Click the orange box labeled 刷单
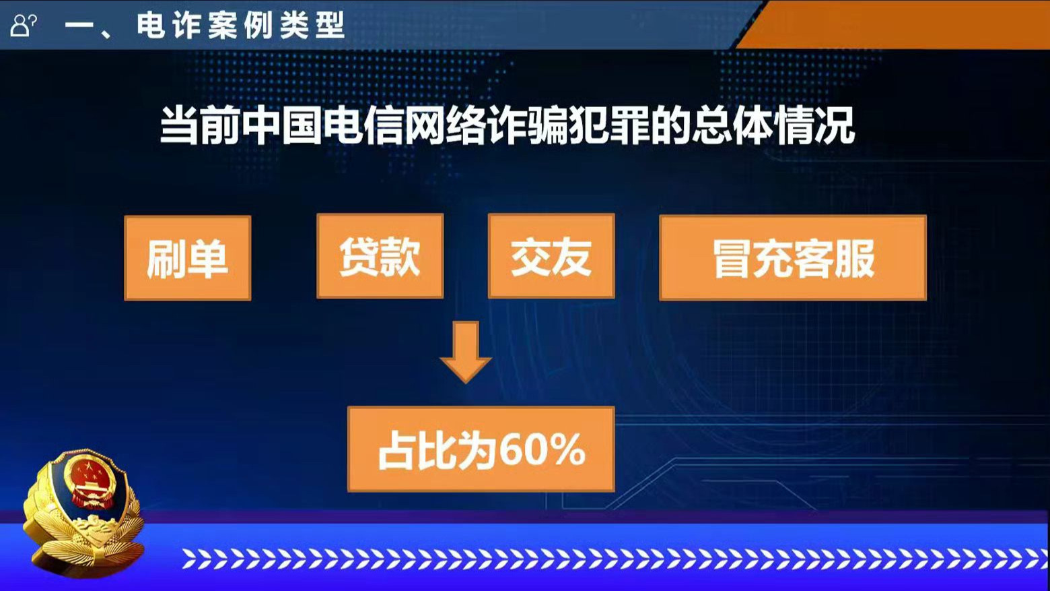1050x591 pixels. tap(188, 258)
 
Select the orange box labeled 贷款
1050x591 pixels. tap(380, 256)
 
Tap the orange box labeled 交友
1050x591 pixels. tap(551, 256)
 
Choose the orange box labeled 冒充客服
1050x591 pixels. tap(793, 258)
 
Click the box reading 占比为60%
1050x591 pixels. tap(481, 449)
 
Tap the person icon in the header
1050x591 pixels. tap(23, 26)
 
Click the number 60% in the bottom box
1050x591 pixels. tap(542, 450)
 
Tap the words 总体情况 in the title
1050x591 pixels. tap(773, 125)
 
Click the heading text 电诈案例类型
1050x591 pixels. tap(240, 26)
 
